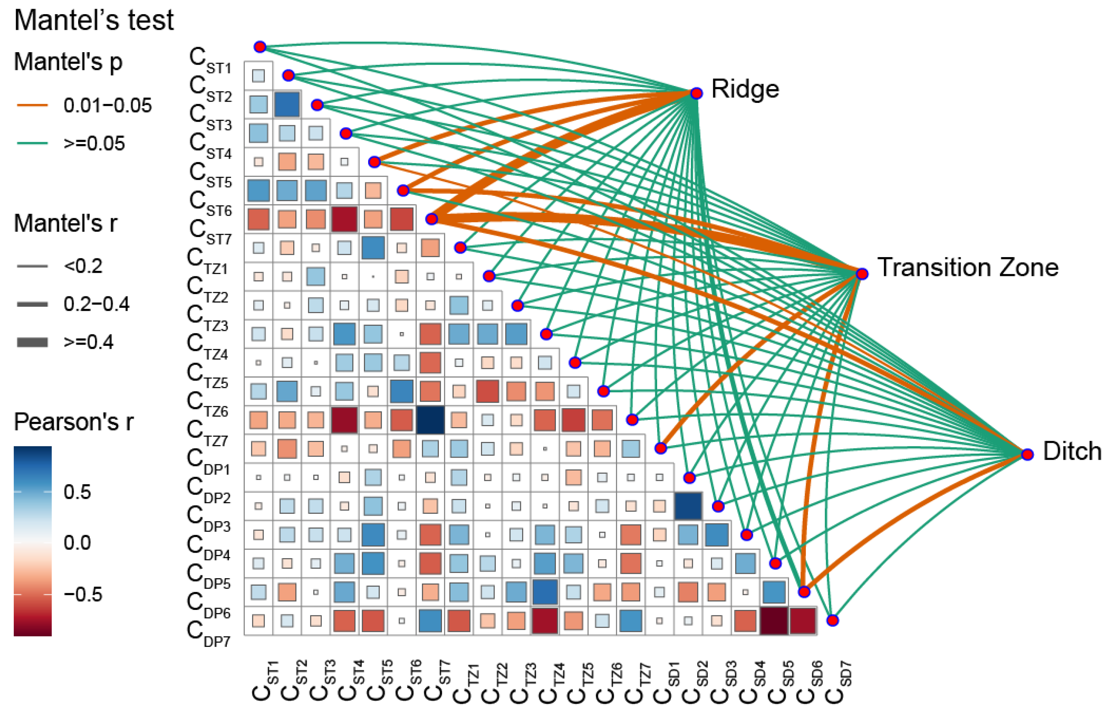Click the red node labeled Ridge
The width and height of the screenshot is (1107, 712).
click(x=696, y=93)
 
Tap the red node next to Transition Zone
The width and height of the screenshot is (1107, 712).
click(x=862, y=274)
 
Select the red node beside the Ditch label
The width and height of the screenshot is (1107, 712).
click(x=1027, y=455)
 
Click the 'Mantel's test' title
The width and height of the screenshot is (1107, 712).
click(x=94, y=20)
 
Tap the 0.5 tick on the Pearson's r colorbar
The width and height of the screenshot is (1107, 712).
click(x=77, y=492)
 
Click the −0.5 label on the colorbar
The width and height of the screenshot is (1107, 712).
click(x=83, y=595)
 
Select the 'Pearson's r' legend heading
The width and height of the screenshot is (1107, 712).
click(x=73, y=422)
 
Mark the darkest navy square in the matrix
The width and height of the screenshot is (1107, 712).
click(x=430, y=420)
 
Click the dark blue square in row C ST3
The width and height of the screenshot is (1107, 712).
click(x=287, y=104)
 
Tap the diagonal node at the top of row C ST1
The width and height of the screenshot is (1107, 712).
click(x=260, y=47)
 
